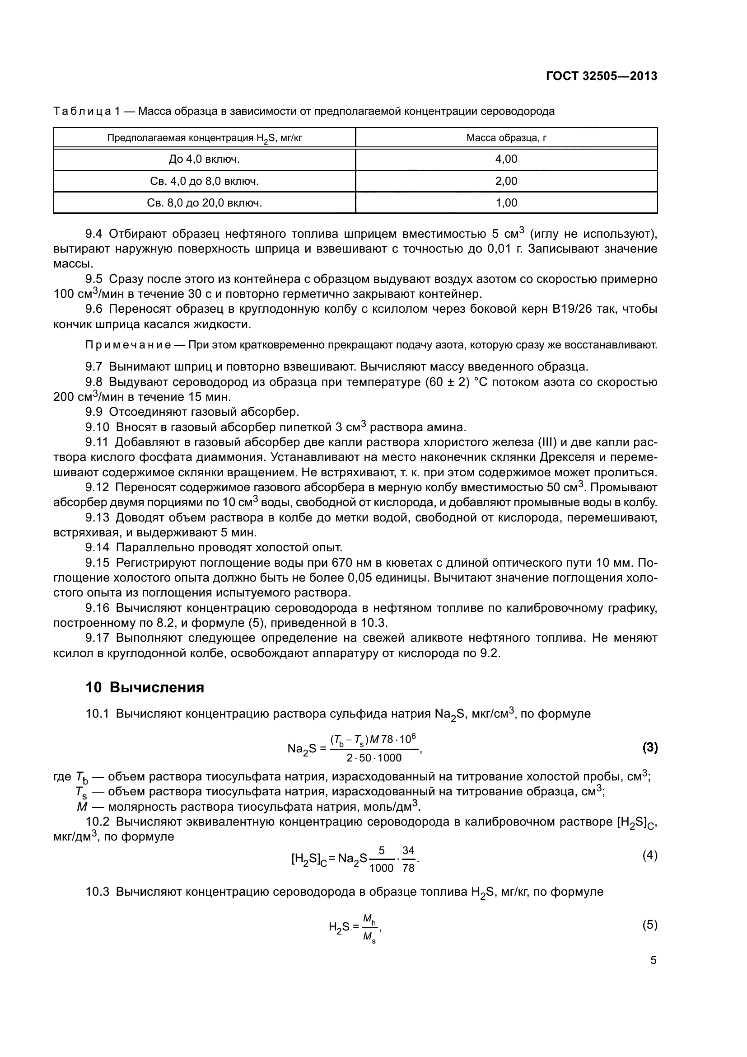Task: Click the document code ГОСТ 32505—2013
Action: point(601,76)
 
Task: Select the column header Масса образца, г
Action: point(506,138)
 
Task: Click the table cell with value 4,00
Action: point(506,159)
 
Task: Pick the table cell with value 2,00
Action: point(506,181)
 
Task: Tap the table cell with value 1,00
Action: point(506,203)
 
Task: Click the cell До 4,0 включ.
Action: point(204,159)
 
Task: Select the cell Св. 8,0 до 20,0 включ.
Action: point(204,203)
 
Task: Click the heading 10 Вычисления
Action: point(145,688)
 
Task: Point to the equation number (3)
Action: point(649,748)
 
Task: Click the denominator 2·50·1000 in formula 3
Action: point(374,758)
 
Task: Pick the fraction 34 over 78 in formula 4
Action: point(408,859)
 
